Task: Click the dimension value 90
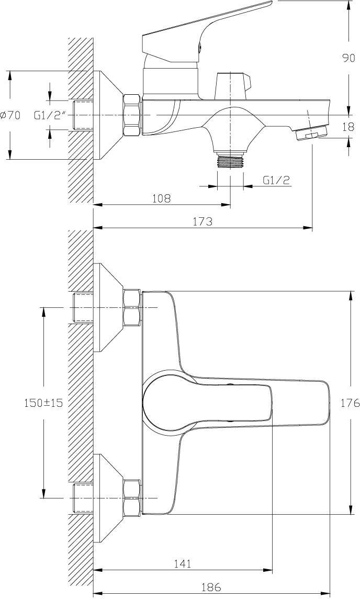348,58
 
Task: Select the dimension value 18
348,127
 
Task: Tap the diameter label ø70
10,115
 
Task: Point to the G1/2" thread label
48,115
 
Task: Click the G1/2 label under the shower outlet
276,180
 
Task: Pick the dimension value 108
162,198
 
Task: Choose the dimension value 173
203,221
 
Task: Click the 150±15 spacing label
43,403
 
